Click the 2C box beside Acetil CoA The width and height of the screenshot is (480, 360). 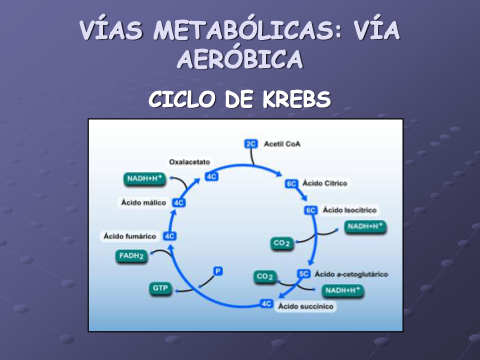click(x=251, y=144)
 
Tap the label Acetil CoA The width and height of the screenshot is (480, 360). click(x=282, y=144)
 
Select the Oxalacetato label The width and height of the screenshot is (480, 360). click(x=189, y=162)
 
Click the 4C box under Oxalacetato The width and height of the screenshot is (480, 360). click(x=212, y=176)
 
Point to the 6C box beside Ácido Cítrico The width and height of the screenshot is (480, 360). click(x=291, y=184)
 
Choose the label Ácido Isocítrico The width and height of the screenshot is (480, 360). click(x=350, y=210)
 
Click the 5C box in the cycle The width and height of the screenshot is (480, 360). click(x=304, y=274)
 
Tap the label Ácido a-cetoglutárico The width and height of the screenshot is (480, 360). click(x=351, y=274)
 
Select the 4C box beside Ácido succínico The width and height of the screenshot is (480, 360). click(x=266, y=304)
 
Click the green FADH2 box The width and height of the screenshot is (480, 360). click(x=132, y=256)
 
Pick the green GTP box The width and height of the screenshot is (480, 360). click(x=160, y=288)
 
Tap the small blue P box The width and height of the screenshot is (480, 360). click(x=218, y=271)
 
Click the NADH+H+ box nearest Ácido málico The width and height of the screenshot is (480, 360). click(x=145, y=179)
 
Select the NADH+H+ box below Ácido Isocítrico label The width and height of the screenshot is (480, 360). click(x=365, y=227)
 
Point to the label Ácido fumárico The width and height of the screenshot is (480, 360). click(x=130, y=236)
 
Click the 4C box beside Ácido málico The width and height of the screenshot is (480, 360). click(x=179, y=203)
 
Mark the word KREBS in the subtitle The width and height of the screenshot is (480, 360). click(x=296, y=99)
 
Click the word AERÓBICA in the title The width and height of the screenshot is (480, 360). click(x=240, y=59)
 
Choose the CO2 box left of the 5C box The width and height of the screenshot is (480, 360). click(x=265, y=277)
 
